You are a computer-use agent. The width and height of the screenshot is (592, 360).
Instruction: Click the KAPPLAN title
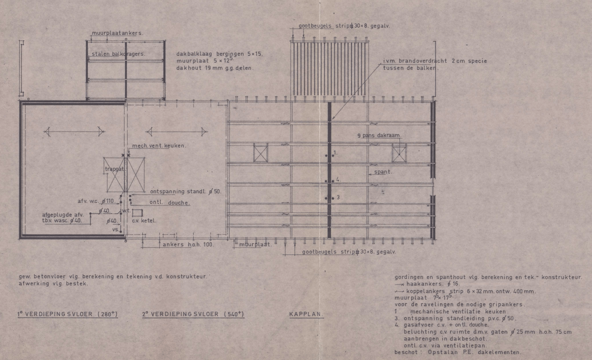[x=306, y=315]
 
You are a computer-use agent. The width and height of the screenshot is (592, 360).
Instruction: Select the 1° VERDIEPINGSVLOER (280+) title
[x=67, y=315]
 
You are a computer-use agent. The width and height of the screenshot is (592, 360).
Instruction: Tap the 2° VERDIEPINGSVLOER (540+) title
[x=193, y=315]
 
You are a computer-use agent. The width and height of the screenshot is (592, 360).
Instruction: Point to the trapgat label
[x=115, y=169]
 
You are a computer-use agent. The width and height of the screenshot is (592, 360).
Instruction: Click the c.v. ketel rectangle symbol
[x=137, y=213]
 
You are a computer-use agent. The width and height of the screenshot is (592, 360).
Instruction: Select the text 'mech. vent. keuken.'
[x=159, y=146]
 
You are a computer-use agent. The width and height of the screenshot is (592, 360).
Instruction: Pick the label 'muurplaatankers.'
[x=118, y=33]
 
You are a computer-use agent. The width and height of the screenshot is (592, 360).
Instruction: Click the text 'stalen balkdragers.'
[x=119, y=54]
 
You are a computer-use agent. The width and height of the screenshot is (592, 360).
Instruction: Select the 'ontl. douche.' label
[x=170, y=203]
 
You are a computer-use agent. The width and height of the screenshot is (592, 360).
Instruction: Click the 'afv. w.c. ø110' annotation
[x=96, y=201]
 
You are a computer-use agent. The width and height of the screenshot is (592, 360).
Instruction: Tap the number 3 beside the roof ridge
[x=338, y=197]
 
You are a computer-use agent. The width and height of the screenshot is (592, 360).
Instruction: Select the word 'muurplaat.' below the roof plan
[x=256, y=245]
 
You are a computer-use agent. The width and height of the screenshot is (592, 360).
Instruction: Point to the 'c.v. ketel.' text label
[x=144, y=221]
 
